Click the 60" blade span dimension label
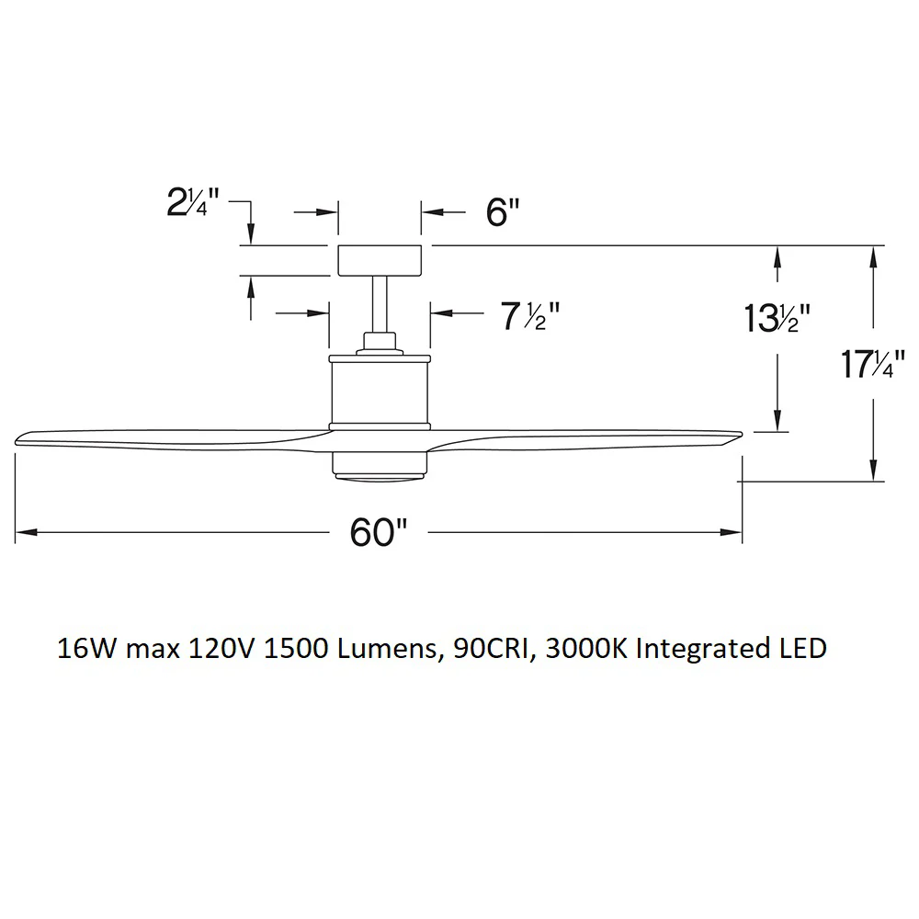[378, 533]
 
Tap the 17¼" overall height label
[873, 364]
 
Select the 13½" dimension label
[777, 319]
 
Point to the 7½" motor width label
[530, 317]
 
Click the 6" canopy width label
[503, 212]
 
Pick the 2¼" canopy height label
[193, 202]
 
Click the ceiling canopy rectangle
[380, 260]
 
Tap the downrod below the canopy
[380, 304]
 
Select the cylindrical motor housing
[380, 392]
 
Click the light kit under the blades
[380, 467]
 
